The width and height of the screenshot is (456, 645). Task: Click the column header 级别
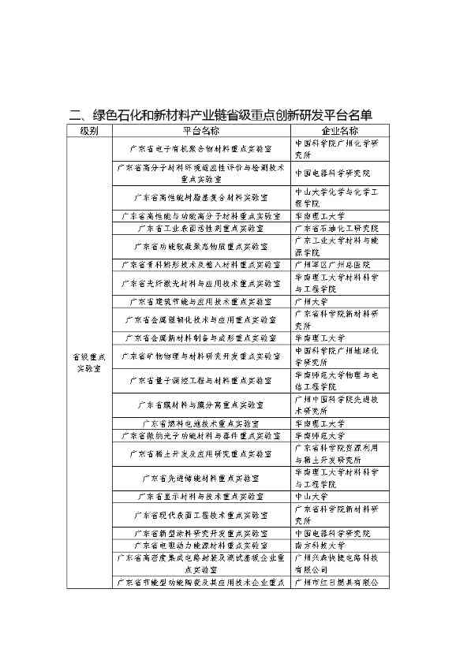point(88,131)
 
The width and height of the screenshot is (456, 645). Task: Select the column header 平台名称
point(200,131)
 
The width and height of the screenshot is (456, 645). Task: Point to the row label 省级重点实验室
point(88,362)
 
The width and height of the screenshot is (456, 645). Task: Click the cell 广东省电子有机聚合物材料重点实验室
point(200,148)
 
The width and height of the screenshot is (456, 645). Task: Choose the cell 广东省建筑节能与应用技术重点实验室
point(200,301)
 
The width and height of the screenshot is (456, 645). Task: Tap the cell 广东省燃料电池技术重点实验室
point(200,423)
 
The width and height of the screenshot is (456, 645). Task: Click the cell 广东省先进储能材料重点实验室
point(200,478)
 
